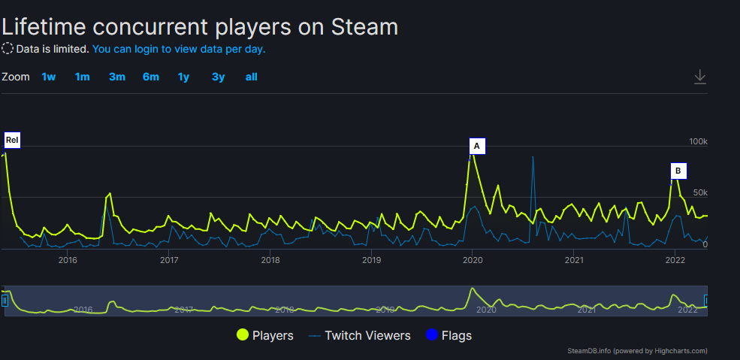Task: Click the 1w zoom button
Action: [x=49, y=77]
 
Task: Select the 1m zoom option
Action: [x=82, y=77]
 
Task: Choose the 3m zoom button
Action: [x=116, y=77]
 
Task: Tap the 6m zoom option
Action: [x=151, y=77]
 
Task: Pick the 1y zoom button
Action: [x=183, y=77]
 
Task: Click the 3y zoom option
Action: [x=218, y=77]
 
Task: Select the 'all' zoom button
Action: [x=251, y=77]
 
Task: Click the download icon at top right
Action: [x=700, y=77]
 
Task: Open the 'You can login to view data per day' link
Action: [x=179, y=49]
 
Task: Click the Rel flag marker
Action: [x=11, y=140]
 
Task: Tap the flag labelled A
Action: [x=476, y=146]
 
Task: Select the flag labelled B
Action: [x=678, y=171]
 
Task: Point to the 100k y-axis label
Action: [x=699, y=141]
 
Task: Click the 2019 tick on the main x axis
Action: [x=371, y=260]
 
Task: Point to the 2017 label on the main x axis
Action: [x=169, y=260]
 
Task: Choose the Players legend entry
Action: [x=265, y=335]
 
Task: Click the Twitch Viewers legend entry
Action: [x=360, y=335]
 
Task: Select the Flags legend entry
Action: [x=449, y=335]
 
